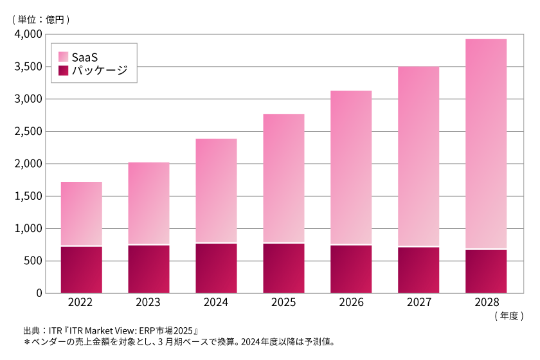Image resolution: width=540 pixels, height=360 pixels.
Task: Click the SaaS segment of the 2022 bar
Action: (x=82, y=213)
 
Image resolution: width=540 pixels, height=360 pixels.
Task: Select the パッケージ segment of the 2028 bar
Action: (x=486, y=271)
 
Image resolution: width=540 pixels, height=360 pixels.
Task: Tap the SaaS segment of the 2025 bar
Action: (x=283, y=178)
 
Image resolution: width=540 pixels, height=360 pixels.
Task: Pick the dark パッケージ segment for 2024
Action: (x=216, y=268)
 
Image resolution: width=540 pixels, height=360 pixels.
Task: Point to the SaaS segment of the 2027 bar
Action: (x=419, y=156)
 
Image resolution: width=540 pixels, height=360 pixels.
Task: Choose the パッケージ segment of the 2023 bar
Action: (x=148, y=269)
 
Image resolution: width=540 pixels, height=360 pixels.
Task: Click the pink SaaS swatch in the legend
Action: (x=63, y=56)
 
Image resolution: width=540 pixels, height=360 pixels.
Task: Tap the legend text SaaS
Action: (x=84, y=56)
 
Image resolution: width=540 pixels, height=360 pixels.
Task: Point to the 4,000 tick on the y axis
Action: (x=28, y=34)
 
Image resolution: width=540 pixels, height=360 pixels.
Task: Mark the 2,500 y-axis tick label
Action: (x=28, y=132)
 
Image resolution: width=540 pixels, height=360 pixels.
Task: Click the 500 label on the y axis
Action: (x=33, y=261)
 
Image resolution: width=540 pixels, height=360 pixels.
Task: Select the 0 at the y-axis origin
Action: (x=39, y=293)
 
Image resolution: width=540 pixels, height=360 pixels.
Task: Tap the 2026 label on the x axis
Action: (x=351, y=303)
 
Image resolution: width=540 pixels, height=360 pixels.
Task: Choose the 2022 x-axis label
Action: (x=82, y=303)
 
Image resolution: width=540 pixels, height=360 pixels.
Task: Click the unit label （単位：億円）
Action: (x=40, y=19)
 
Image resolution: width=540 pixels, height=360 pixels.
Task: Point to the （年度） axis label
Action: (x=509, y=316)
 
